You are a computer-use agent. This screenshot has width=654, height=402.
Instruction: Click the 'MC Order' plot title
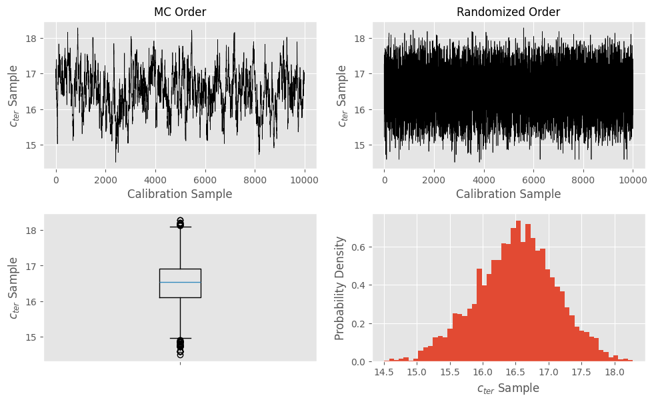coord(180,13)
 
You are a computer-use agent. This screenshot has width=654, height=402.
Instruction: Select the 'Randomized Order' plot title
coord(508,13)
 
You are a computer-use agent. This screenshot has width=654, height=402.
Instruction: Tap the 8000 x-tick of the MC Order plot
coord(255,179)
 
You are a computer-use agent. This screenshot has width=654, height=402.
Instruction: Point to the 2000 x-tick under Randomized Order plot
coord(434,179)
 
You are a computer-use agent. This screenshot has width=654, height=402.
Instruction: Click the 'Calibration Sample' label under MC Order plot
coord(180,194)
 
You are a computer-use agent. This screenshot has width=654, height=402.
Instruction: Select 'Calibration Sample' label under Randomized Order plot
coord(508,194)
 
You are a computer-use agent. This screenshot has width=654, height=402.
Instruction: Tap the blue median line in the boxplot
coord(180,282)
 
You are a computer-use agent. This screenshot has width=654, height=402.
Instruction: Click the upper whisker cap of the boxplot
coord(180,227)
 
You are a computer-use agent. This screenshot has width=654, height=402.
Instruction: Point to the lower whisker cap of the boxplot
coord(180,338)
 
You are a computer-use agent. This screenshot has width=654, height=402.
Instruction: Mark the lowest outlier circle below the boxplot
coord(180,355)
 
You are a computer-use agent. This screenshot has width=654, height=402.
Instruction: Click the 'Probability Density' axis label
coord(340,288)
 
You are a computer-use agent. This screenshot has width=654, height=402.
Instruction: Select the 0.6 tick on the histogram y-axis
coord(359,247)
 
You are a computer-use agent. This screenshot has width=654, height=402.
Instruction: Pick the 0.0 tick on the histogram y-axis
coord(359,362)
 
